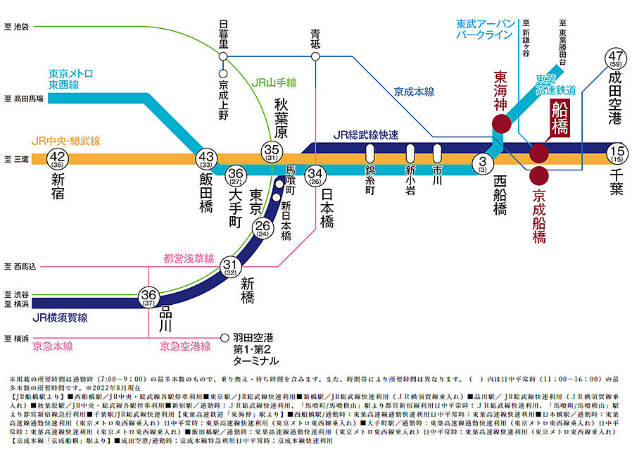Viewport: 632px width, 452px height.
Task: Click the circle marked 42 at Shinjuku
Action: click(58, 160)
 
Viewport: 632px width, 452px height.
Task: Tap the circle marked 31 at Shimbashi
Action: click(229, 265)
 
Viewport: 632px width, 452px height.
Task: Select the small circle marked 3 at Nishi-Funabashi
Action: click(483, 163)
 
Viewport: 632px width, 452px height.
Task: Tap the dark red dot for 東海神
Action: click(501, 124)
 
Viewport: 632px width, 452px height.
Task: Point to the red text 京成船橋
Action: click(538, 215)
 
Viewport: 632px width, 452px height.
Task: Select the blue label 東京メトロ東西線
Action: click(70, 79)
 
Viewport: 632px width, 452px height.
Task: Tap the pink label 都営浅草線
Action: click(188, 259)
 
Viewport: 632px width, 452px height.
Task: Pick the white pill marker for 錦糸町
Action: click(369, 153)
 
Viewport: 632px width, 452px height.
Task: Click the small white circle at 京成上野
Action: click(223, 73)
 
